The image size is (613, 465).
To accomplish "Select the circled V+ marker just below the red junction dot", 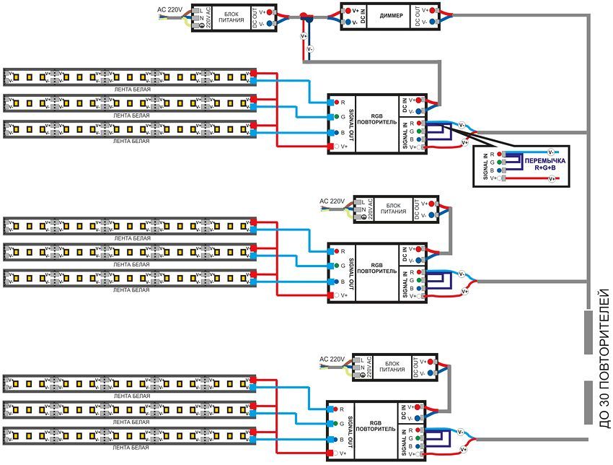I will point(304,36).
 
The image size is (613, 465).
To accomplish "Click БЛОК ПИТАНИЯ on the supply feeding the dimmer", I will point(230,17).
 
